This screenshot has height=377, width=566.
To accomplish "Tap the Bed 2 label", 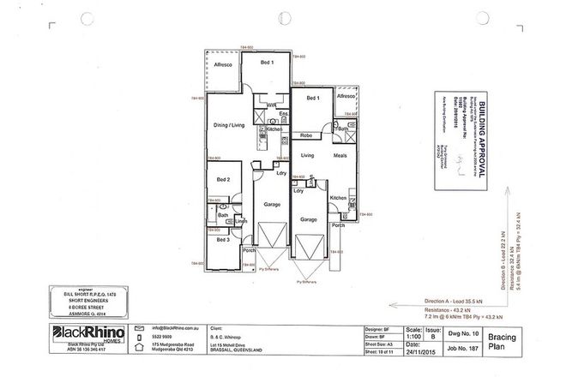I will [222, 179].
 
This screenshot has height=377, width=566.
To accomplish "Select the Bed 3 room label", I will [222, 242].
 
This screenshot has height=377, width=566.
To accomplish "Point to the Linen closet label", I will [242, 224].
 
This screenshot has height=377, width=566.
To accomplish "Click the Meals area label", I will [340, 156].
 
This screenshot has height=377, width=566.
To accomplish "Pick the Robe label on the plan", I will [305, 136].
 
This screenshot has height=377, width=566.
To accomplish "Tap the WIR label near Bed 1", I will [271, 105].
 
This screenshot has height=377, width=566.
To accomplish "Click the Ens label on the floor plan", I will [281, 113].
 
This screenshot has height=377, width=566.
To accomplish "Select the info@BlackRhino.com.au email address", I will [178, 328].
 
